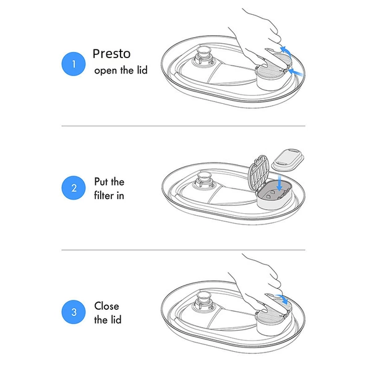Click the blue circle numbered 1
pos(74,64)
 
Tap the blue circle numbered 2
pos(74,188)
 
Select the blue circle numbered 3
pos(74,312)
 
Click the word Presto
pos(111,54)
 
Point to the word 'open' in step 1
pos(106,71)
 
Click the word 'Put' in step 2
pos(101,182)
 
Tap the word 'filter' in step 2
pos(104,195)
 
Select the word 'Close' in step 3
pos(106,306)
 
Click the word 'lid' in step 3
pos(116,320)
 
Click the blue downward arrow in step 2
pos(279,183)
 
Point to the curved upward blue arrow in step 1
pos(286,51)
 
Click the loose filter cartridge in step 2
pos(288,160)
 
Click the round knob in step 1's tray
pos(203,56)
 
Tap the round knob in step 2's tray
pos(203,181)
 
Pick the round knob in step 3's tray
pos(203,301)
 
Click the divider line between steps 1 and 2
pos(184,126)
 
